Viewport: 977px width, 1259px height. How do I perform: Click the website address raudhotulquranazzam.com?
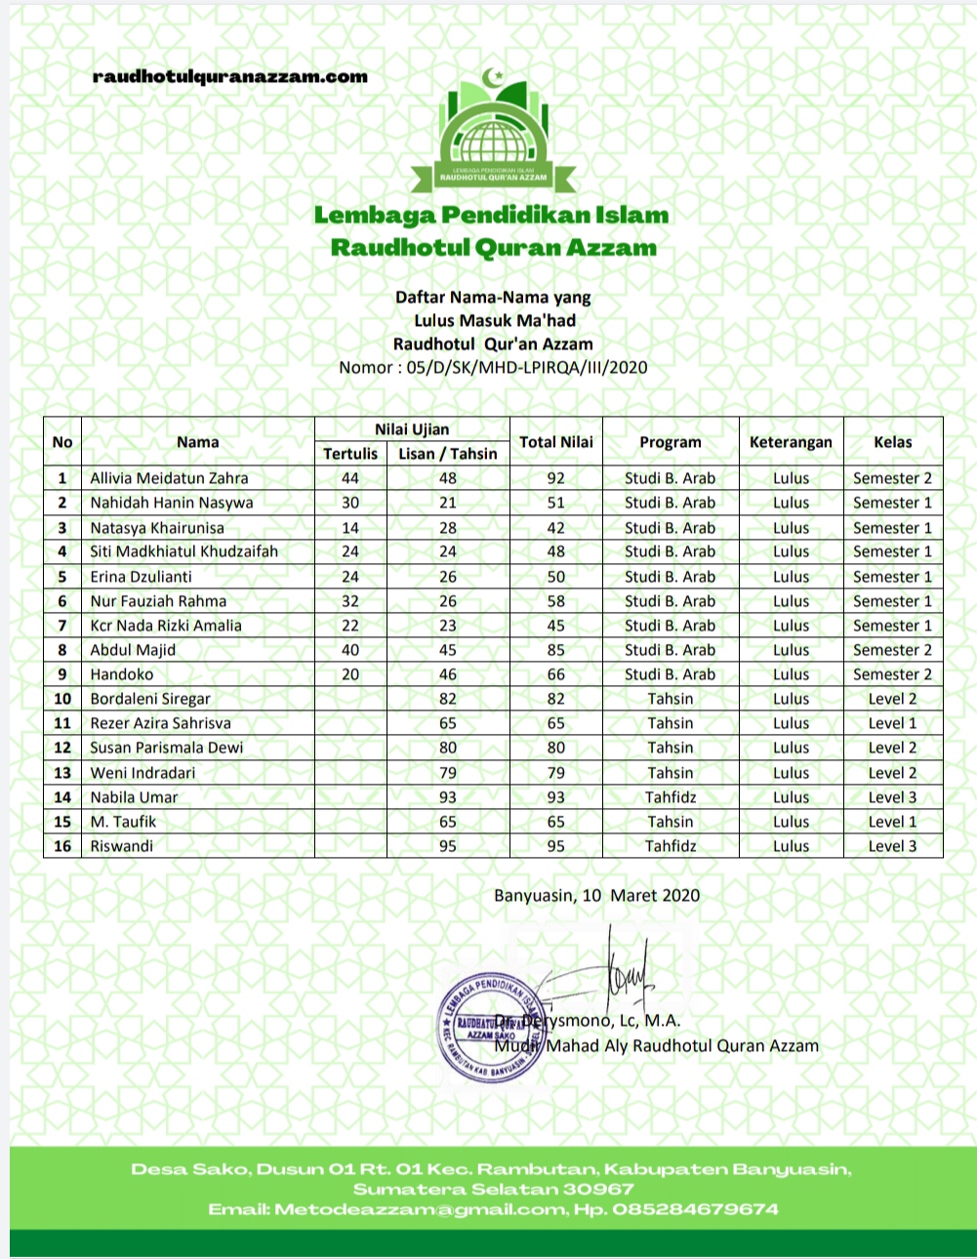click(x=230, y=77)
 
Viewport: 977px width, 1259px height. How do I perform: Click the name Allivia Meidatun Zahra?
click(x=170, y=478)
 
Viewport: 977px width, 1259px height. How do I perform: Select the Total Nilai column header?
click(x=556, y=442)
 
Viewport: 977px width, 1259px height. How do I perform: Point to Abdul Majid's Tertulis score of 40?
click(x=350, y=650)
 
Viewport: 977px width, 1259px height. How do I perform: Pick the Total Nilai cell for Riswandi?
click(x=556, y=846)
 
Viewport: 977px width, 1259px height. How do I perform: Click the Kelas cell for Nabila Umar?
click(x=892, y=797)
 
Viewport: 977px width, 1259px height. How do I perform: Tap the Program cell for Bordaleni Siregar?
click(x=671, y=699)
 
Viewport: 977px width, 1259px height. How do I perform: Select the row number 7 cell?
click(x=62, y=626)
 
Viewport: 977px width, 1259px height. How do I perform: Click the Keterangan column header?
click(x=791, y=442)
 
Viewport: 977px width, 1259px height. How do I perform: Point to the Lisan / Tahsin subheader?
click(x=448, y=454)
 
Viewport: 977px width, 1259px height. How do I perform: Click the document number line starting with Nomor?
click(x=493, y=368)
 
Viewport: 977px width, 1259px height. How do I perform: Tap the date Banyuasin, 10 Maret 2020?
click(x=596, y=895)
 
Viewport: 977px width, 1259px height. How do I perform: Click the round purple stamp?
click(x=491, y=1028)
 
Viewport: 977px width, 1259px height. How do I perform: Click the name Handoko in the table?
click(x=122, y=674)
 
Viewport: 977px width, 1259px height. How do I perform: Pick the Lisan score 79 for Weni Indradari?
click(x=448, y=773)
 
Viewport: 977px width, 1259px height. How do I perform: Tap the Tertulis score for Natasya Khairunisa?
click(x=350, y=528)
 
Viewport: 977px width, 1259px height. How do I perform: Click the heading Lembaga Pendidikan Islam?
click(x=492, y=215)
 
